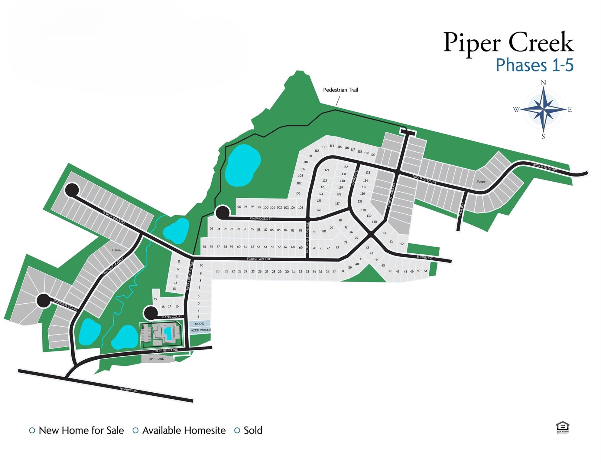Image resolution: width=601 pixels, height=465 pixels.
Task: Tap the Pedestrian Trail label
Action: click(340, 90)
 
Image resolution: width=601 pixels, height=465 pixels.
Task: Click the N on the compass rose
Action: click(543, 83)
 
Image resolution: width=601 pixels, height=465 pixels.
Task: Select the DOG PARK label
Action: click(156, 359)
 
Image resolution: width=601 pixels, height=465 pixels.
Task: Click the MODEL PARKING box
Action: click(200, 330)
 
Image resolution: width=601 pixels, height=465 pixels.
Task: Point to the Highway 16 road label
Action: click(128, 390)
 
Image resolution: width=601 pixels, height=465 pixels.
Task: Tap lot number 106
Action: click(298, 193)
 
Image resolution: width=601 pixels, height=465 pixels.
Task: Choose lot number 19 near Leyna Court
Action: click(155, 299)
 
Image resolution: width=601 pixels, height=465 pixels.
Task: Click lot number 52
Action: click(402, 244)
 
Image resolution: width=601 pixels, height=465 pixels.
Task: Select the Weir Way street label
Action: click(461, 209)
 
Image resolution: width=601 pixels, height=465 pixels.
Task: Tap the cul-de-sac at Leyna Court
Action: click(150, 313)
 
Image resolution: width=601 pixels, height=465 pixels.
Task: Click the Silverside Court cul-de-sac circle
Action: click(44, 300)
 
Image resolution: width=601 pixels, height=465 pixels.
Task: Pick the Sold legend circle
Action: click(237, 430)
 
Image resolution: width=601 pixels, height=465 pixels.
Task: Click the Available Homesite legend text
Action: click(184, 430)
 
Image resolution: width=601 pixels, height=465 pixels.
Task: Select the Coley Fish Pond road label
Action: click(165, 351)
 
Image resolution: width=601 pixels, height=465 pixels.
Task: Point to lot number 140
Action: click(374, 222)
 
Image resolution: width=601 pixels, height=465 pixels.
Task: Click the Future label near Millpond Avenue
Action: click(116, 250)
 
